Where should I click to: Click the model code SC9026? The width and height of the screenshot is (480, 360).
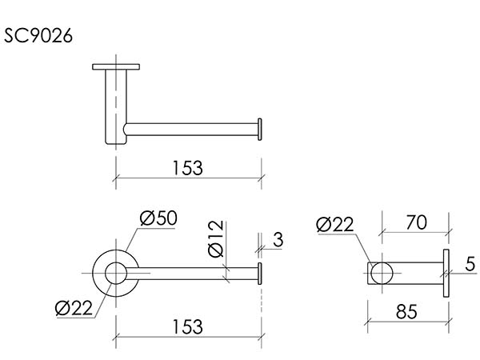tap(38, 35)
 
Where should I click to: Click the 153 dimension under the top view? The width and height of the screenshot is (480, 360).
tap(188, 168)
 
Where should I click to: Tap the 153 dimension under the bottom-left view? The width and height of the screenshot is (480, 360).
tap(188, 326)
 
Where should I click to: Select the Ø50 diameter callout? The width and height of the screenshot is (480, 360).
tap(158, 218)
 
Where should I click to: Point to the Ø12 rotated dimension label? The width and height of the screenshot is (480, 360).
tap(216, 238)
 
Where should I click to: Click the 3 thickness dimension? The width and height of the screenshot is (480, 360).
tap(278, 239)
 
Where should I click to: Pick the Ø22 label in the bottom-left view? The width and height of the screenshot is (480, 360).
tap(74, 308)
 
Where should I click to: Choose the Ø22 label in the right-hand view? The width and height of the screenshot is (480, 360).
tap(335, 224)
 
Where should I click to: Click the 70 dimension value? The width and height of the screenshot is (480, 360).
tap(416, 222)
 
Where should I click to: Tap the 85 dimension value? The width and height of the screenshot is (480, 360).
tap(406, 312)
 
